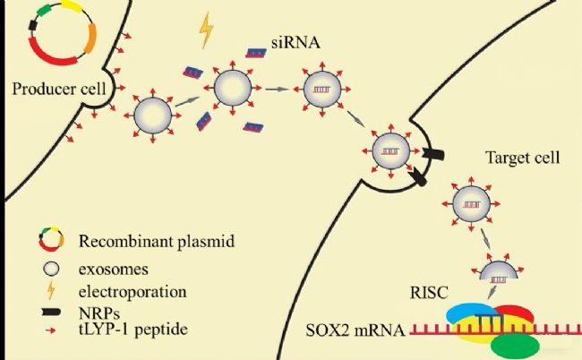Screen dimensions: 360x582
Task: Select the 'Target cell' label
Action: [x=522, y=159]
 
